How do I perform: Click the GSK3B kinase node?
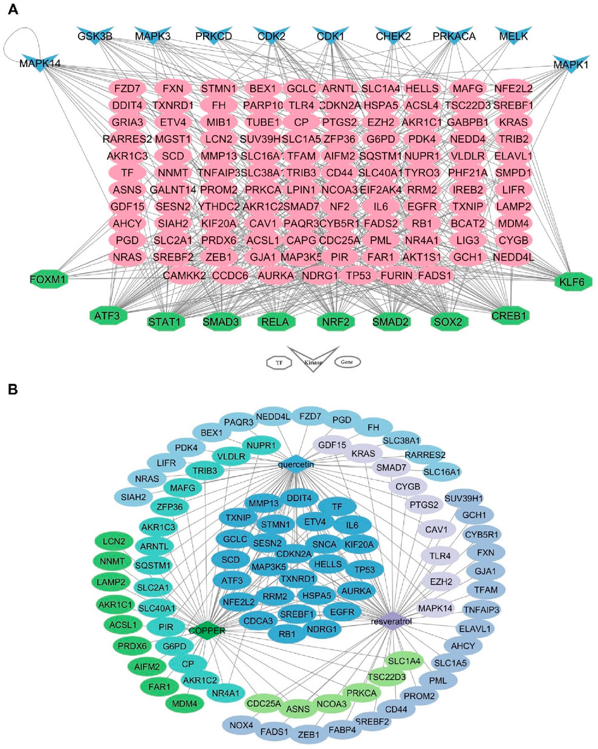pos(95,34)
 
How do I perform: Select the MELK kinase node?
pos(513,34)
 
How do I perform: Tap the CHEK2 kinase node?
pos(393,34)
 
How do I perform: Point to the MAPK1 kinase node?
pos(570,64)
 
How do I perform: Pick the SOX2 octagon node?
pos(448,322)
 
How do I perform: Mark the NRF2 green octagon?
pos(335,322)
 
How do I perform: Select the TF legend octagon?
pos(279,362)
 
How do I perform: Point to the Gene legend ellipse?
pos(347,362)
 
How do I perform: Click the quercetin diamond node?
pos(294,464)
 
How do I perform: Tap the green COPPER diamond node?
pos(207,631)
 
